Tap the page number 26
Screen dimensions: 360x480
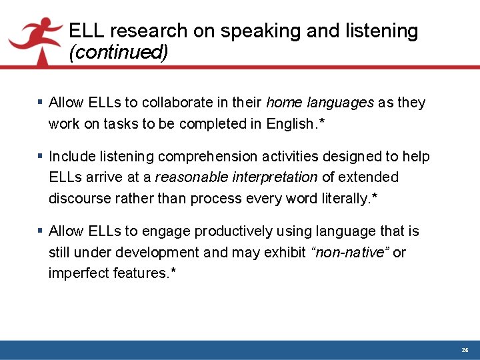point(465,350)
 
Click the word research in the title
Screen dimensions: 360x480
point(150,31)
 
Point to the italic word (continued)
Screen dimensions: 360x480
point(118,52)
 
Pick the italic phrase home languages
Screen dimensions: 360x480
point(320,103)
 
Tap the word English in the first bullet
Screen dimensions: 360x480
point(290,123)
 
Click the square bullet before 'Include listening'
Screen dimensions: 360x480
point(40,157)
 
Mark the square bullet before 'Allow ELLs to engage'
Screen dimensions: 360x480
point(40,231)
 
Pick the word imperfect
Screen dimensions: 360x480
point(75,273)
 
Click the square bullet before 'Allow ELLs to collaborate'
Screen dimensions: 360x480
point(40,103)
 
